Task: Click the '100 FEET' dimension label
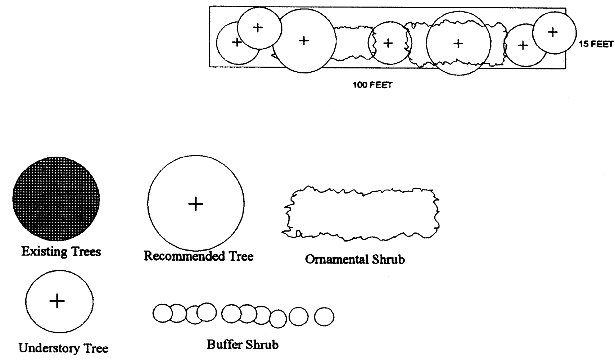(x=372, y=85)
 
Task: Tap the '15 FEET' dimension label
(x=596, y=44)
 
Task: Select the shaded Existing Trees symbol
(x=56, y=199)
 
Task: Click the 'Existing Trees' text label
(x=61, y=252)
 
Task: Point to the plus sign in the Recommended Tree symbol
(x=196, y=204)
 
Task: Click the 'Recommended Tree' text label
(x=199, y=256)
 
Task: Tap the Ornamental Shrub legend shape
(x=361, y=213)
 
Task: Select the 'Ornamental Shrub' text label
(x=355, y=259)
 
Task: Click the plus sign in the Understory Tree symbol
(x=57, y=301)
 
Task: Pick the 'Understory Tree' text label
(x=63, y=348)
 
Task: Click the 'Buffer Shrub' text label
(x=243, y=345)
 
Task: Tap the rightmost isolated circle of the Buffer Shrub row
(x=324, y=317)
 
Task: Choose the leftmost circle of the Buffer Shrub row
(x=163, y=313)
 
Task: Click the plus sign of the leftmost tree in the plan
(x=237, y=42)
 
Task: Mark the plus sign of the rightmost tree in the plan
(x=553, y=32)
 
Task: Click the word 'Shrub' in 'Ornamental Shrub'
(x=388, y=259)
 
